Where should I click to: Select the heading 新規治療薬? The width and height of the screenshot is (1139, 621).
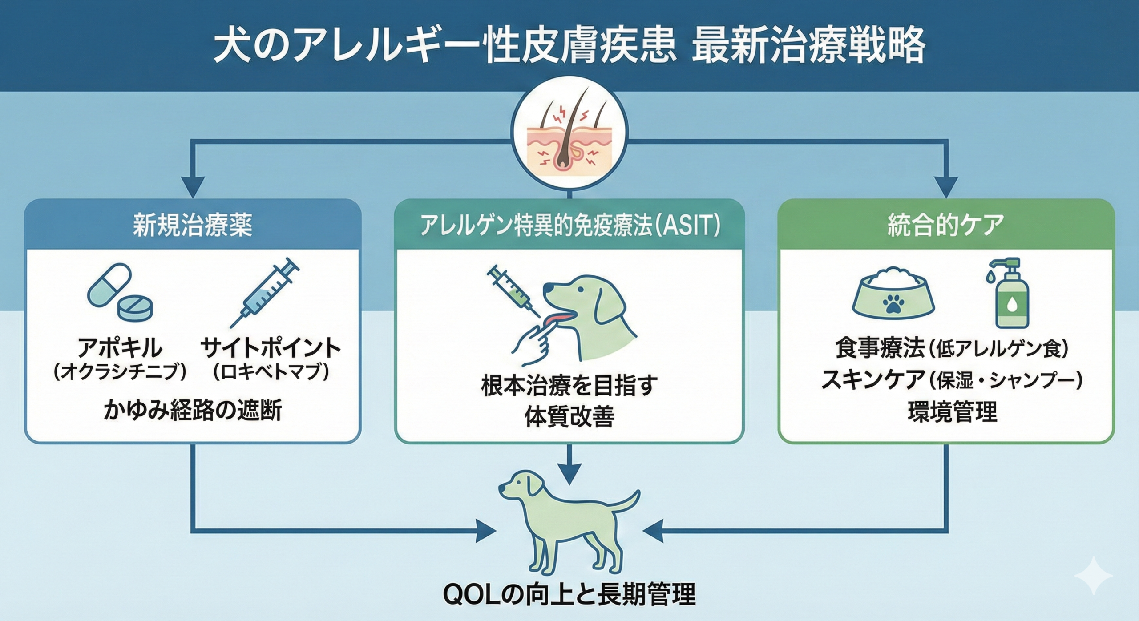coord(192,225)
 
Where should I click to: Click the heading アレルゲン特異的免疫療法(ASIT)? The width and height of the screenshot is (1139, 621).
coord(569,225)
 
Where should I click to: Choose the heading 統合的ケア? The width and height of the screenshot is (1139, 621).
coord(945,225)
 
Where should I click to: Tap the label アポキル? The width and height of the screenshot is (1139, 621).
coord(120,348)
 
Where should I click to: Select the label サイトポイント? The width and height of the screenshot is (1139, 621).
coord(271,348)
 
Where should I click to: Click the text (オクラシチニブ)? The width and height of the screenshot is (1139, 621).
coord(120,372)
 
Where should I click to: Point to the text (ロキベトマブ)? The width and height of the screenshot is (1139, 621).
coord(271,372)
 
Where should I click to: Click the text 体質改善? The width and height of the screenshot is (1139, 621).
coord(569,417)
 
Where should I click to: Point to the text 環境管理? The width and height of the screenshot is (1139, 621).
coord(952,411)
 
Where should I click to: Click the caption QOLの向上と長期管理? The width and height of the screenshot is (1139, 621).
coord(569,595)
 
